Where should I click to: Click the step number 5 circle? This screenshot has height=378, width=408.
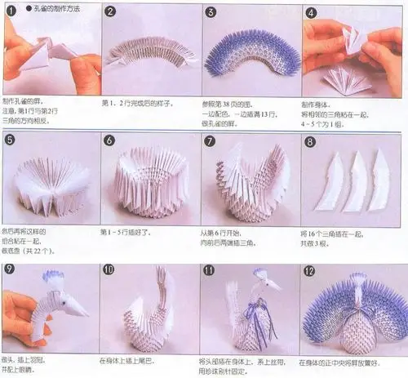point(11,140)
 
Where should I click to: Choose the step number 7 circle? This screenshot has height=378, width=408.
point(211,140)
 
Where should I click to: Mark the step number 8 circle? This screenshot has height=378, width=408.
point(311,140)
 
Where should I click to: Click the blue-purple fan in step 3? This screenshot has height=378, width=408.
point(248,53)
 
